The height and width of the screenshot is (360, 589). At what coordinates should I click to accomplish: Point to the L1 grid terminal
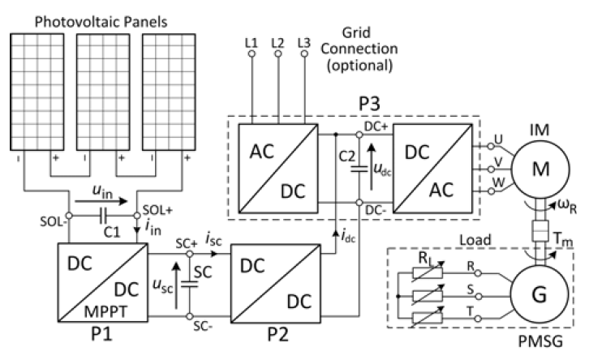251,55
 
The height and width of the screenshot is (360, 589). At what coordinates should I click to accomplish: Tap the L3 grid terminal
304,55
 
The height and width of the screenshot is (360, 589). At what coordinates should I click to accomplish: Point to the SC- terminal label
181,328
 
